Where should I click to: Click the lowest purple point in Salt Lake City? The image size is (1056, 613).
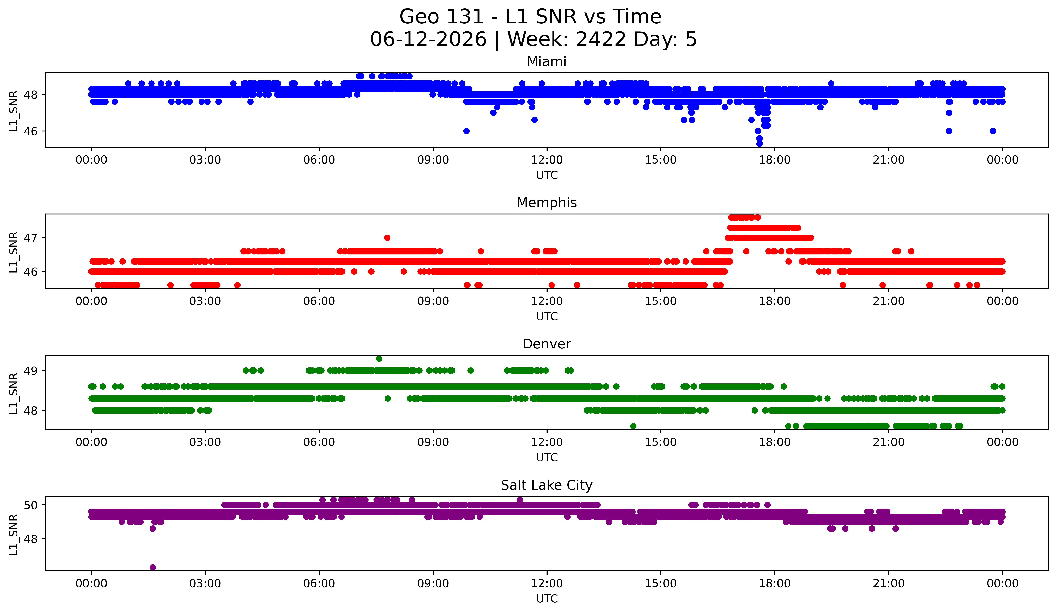pos(153,567)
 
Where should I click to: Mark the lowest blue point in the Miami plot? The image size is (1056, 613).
pos(759,144)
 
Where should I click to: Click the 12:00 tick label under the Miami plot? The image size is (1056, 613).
pos(547,160)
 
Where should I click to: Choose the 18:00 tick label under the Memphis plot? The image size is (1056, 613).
pos(775,301)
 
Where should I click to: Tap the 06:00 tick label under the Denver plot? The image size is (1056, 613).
pos(319,442)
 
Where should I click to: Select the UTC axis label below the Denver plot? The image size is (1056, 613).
pos(547,458)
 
